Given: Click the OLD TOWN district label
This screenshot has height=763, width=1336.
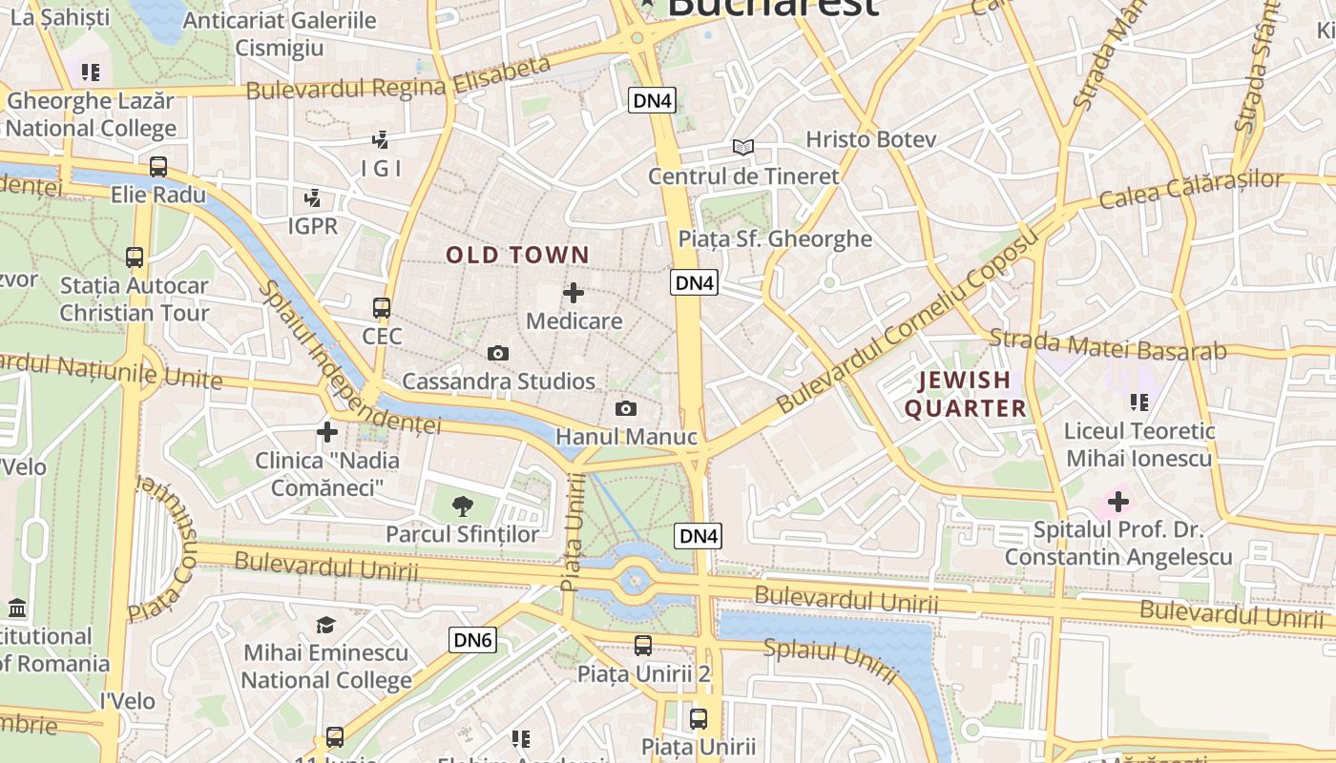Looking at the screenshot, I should pyautogui.click(x=518, y=255).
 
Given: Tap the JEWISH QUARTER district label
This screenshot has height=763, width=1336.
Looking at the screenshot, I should pyautogui.click(x=965, y=394).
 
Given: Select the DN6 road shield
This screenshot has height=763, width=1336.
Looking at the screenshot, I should pyautogui.click(x=472, y=640).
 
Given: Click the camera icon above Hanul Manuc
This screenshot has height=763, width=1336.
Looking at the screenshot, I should pyautogui.click(x=626, y=408).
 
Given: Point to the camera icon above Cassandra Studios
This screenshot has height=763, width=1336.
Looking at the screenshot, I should pyautogui.click(x=497, y=353).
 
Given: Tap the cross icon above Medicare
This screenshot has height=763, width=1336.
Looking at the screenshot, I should pyautogui.click(x=574, y=292).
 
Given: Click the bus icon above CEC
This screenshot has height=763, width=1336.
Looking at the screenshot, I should pyautogui.click(x=382, y=308).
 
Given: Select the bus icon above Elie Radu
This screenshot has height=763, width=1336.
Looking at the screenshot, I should pyautogui.click(x=158, y=167).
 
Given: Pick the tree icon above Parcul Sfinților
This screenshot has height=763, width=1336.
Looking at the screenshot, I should pyautogui.click(x=463, y=505).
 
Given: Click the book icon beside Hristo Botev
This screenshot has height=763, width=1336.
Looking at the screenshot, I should pyautogui.click(x=742, y=147).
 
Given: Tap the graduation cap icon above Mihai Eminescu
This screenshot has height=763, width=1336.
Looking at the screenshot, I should pyautogui.click(x=326, y=625).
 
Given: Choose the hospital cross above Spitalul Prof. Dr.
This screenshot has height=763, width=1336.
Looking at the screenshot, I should pyautogui.click(x=1117, y=501).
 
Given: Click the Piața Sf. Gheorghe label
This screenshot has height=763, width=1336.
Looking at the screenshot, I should pyautogui.click(x=775, y=238).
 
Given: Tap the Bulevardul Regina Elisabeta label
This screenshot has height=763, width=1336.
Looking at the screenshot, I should pyautogui.click(x=399, y=79).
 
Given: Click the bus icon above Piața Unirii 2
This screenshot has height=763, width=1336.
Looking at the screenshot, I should pyautogui.click(x=643, y=645).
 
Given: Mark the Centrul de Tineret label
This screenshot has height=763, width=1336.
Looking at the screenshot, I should pyautogui.click(x=743, y=176).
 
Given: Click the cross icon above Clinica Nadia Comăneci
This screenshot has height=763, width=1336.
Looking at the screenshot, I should pyautogui.click(x=327, y=432).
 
